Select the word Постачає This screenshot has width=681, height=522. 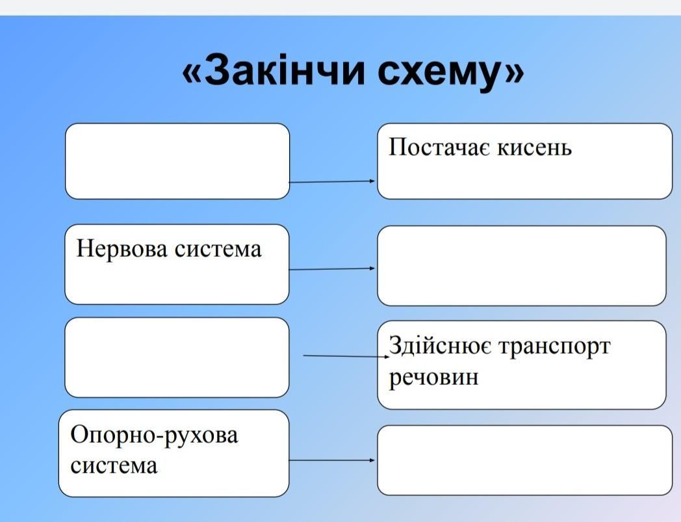click(x=439, y=147)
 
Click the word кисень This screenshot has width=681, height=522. click(x=535, y=148)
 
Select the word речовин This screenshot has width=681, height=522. click(x=433, y=377)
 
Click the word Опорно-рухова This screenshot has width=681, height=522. click(x=154, y=435)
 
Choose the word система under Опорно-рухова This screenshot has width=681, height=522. click(x=114, y=465)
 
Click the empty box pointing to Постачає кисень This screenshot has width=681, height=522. click(x=177, y=161)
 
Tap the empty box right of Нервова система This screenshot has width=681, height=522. click(x=522, y=265)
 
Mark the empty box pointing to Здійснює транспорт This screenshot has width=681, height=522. click(x=177, y=357)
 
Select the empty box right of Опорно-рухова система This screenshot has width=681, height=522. click(x=524, y=460)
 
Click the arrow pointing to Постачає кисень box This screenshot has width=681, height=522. click(x=333, y=182)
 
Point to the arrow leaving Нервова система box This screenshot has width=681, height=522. click(x=332, y=268)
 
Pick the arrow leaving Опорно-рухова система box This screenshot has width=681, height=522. click(x=332, y=460)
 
